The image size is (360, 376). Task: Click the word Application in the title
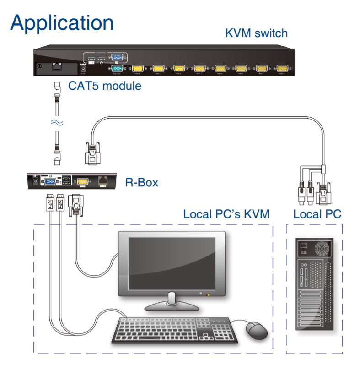coord(62,23)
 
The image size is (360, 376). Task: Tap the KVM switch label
coord(256,33)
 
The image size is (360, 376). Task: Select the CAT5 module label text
coord(104,85)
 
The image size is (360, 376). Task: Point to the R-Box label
coord(141,183)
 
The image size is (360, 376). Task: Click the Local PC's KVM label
coord(226,214)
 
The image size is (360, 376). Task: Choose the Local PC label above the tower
coord(317,214)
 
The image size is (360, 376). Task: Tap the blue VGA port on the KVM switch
coord(117,58)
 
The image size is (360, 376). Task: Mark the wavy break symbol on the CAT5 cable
coord(56,122)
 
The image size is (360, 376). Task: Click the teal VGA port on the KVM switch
coord(117,69)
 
